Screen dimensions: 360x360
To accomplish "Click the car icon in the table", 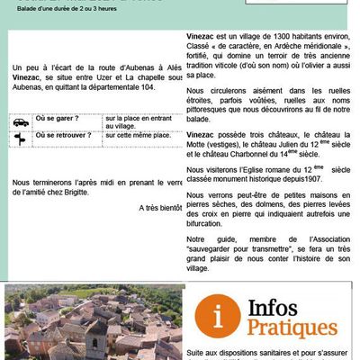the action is [20, 121].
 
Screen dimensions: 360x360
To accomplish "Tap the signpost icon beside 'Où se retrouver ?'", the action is [20, 138].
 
